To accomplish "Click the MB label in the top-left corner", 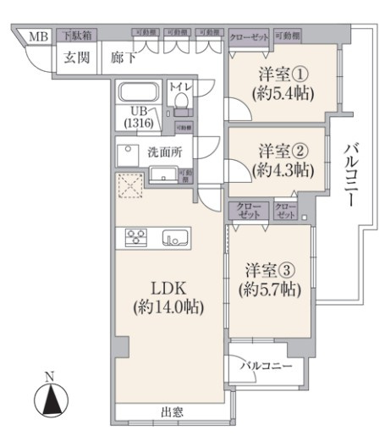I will (x=39, y=36).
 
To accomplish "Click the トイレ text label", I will (x=180, y=86).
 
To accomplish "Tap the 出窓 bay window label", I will (x=171, y=412).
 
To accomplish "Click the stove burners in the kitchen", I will (x=137, y=238).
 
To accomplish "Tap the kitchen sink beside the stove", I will (x=173, y=238).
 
